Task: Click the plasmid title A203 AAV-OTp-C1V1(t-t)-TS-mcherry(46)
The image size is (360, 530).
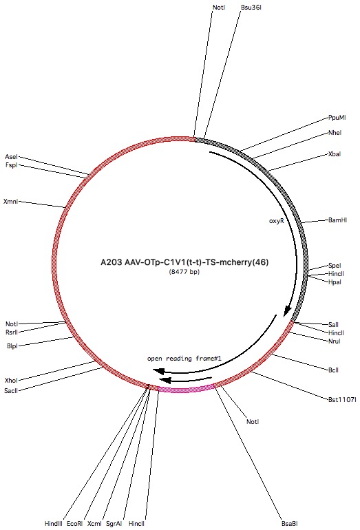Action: click(x=184, y=262)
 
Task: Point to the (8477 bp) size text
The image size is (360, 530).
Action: click(x=184, y=271)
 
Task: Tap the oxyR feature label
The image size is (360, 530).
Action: click(x=276, y=221)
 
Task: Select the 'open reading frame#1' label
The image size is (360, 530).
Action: click(x=184, y=359)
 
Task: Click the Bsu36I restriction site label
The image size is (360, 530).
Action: click(x=251, y=8)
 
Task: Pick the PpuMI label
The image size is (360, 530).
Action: click(x=337, y=118)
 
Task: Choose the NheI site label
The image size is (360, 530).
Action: click(x=335, y=133)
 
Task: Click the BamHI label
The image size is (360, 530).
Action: click(x=338, y=220)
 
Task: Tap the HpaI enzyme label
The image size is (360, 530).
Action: click(x=335, y=282)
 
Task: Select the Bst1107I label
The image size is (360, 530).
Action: click(x=342, y=399)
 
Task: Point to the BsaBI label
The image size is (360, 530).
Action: click(x=290, y=524)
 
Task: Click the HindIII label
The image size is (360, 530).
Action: click(x=54, y=524)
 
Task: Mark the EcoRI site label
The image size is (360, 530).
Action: click(x=75, y=524)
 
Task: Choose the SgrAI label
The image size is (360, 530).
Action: click(x=114, y=524)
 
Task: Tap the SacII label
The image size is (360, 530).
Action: click(x=11, y=391)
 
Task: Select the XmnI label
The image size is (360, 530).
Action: click(x=10, y=202)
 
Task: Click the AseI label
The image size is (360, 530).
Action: click(x=11, y=157)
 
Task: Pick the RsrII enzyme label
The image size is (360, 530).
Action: click(x=12, y=332)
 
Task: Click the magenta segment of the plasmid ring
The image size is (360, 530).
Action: click(x=185, y=390)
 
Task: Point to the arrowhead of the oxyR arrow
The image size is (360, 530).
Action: click(x=287, y=311)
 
